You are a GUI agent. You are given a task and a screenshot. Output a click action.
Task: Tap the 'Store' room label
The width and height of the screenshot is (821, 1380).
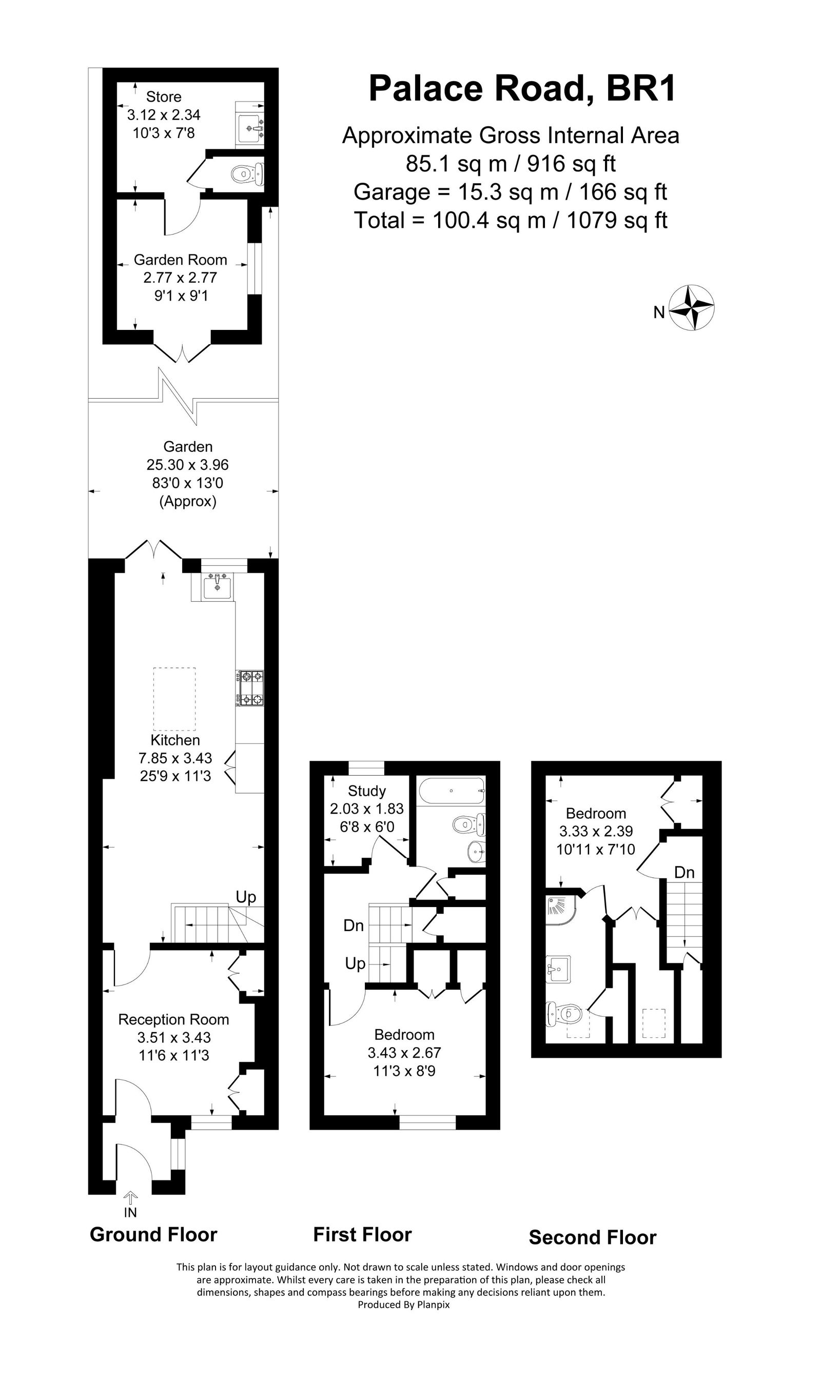coord(163,97)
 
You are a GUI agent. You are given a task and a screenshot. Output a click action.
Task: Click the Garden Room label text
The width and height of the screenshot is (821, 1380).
coord(180,260)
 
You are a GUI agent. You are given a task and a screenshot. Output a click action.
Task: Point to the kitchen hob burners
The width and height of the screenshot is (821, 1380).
coord(250,687)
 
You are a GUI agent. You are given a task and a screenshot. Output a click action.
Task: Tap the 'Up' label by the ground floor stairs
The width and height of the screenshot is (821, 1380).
coord(246,897)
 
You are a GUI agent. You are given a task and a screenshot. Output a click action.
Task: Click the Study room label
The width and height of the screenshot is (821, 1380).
coord(366,791)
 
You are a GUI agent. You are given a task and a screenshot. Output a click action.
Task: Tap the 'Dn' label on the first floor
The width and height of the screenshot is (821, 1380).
coord(353,925)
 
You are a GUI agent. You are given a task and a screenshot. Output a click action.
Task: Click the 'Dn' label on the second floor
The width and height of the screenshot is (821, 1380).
coord(684,873)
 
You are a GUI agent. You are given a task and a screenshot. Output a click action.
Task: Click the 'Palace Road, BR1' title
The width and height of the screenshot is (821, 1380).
coord(522,89)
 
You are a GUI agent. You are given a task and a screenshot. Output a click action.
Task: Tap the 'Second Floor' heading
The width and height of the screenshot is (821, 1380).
coord(592,1237)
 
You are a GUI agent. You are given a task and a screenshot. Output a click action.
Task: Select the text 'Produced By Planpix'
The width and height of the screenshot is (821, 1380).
coord(403,1305)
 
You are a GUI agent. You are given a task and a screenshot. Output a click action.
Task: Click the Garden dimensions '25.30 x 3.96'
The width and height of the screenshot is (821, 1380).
coord(187,465)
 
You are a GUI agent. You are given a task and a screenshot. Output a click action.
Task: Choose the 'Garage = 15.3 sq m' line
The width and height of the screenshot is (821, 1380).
coord(510,192)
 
